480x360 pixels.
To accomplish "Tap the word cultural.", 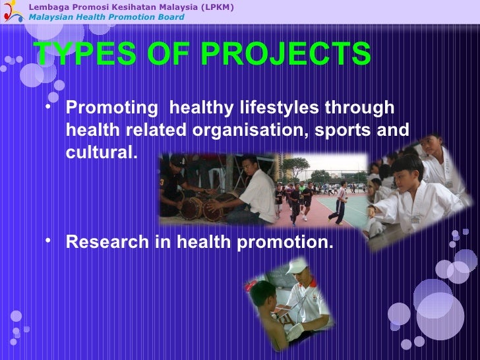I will pyautogui.click(x=102, y=152).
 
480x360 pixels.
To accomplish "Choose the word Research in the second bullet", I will pyautogui.click(x=107, y=243).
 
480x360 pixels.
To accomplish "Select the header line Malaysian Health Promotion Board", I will pyautogui.click(x=106, y=17).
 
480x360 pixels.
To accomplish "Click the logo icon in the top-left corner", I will pyautogui.click(x=13, y=11).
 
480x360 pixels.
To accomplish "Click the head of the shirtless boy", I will pyautogui.click(x=262, y=293).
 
